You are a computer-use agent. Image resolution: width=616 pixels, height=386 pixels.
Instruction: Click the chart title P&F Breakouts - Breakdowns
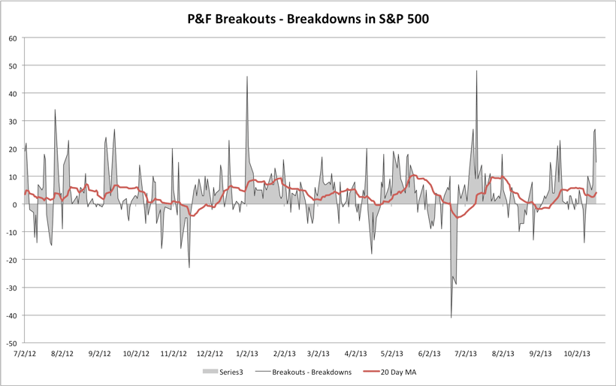308,19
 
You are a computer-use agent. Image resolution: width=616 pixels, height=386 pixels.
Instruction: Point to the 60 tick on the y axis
13,38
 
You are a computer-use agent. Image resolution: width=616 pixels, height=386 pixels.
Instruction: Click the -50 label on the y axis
11,342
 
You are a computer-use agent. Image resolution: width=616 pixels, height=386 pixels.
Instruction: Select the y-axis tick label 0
15,204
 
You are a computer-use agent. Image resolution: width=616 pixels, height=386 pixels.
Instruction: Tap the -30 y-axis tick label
11,287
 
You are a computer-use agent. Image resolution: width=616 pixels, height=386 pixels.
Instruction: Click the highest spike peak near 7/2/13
476,71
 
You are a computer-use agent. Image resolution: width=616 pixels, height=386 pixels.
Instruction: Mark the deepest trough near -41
451,317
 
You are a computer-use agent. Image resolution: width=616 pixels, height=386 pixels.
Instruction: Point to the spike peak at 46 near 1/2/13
247,77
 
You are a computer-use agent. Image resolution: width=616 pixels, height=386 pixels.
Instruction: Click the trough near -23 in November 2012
189,267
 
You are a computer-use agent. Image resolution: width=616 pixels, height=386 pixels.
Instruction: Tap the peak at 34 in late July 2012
55,110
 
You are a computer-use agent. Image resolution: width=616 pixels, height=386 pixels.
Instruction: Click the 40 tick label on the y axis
13,94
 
